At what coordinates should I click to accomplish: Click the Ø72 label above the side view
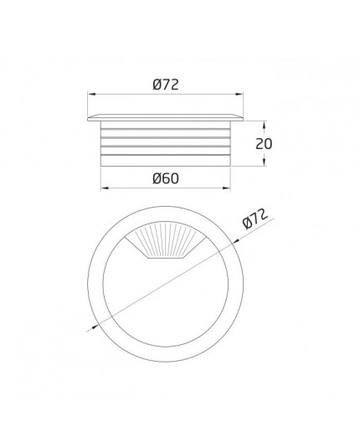[x=167, y=85]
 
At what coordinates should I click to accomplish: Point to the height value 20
[x=265, y=143]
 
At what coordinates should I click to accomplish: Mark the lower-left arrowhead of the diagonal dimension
[x=91, y=328]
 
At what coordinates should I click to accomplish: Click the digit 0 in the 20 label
[x=269, y=143]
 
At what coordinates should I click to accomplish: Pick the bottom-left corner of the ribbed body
[x=102, y=166]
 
